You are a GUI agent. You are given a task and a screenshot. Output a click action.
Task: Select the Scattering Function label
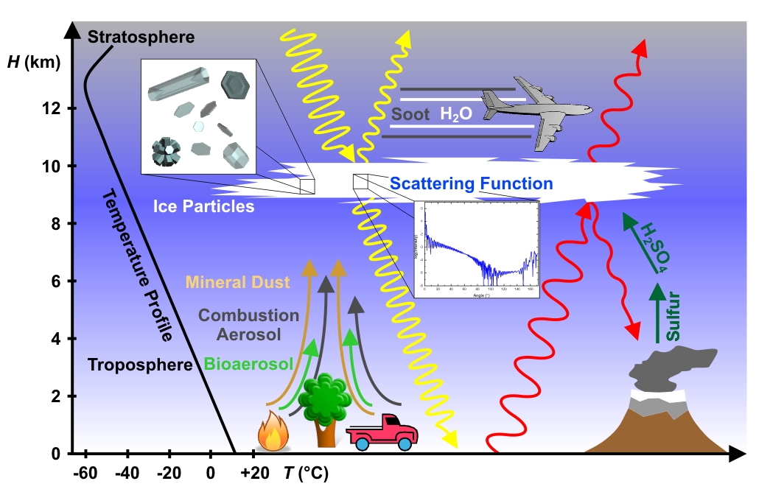click(x=472, y=183)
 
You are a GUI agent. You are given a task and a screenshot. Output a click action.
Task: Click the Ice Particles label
click(x=203, y=207)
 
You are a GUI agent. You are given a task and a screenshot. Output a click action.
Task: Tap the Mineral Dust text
click(x=237, y=281)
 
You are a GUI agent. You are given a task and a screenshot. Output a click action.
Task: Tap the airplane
click(x=534, y=109)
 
